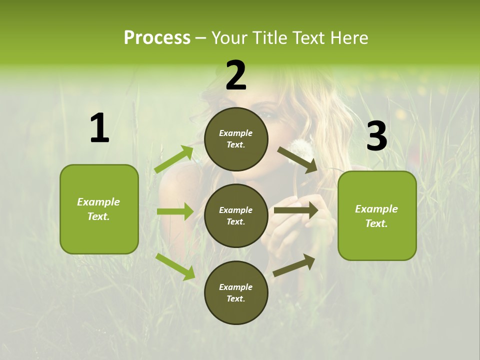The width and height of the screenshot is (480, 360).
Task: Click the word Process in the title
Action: tap(157, 38)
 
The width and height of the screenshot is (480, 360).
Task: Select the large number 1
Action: tap(99, 128)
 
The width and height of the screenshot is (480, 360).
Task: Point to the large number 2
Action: tap(236, 75)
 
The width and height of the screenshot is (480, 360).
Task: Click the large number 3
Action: tap(376, 136)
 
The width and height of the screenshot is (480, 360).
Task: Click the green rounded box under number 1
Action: tap(99, 209)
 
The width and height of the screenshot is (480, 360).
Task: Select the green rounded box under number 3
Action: tap(377, 216)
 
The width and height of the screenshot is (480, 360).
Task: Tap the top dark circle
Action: tap(236, 139)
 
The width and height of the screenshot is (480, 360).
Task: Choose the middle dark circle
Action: tap(236, 215)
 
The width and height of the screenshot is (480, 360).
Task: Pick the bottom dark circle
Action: tap(236, 292)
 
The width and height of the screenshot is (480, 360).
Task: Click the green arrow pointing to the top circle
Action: tap(174, 159)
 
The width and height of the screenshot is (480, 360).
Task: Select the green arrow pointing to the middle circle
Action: tap(175, 211)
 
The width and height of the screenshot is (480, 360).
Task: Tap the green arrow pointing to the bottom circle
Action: tap(175, 266)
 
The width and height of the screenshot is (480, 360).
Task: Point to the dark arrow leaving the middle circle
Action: tap(296, 210)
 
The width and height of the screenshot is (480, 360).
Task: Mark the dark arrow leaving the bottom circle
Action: tap(294, 265)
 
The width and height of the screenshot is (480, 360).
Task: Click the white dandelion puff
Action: tap(300, 148)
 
